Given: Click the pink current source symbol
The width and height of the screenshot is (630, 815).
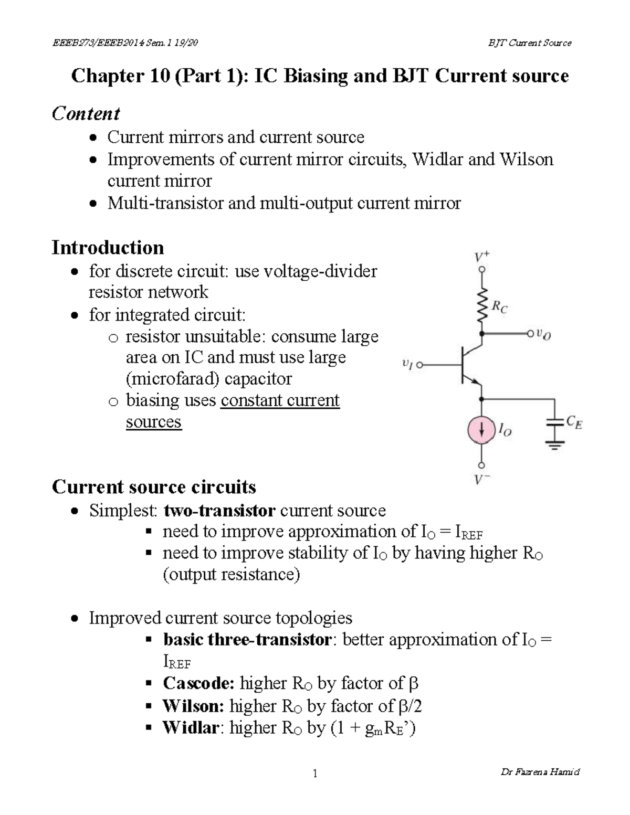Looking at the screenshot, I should click(481, 430).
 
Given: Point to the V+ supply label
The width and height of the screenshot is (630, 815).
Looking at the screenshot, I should click(482, 257).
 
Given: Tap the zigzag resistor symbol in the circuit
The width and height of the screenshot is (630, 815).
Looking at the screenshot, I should click(481, 306).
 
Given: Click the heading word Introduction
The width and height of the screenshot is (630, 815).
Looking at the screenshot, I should click(108, 247).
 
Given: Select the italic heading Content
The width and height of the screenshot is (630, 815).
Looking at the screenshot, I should click(86, 113).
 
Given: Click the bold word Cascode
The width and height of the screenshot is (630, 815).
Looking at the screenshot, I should click(198, 683).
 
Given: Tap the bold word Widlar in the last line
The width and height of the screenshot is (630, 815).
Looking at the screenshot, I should click(190, 728).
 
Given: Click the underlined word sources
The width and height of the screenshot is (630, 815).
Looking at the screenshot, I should click(154, 422).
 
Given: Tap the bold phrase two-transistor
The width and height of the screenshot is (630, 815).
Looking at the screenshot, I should click(219, 510).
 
